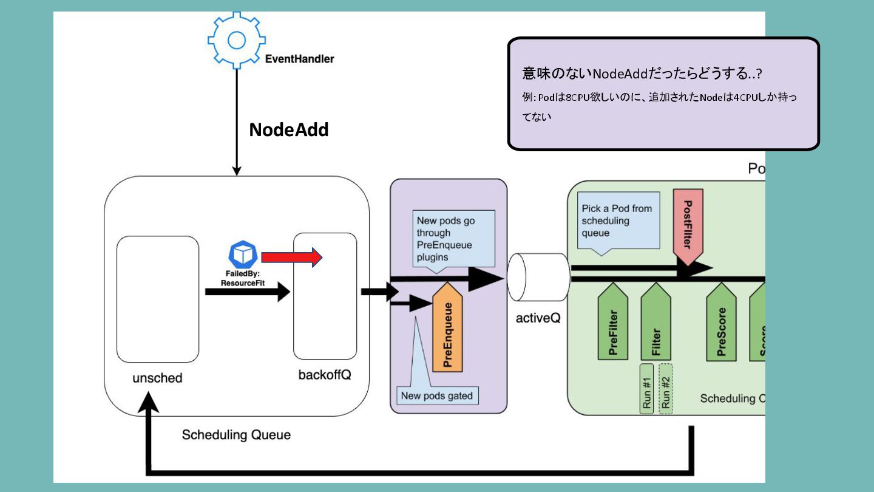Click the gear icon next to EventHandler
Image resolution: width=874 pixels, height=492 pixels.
(x=235, y=39)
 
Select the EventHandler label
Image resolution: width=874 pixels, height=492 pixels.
(x=300, y=59)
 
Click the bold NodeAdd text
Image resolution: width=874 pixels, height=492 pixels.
(x=289, y=129)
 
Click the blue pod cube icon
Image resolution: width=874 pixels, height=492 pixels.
(x=243, y=255)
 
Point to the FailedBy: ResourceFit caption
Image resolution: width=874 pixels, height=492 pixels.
(x=243, y=279)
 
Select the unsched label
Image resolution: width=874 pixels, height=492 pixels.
(x=157, y=378)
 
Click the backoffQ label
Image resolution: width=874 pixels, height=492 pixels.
(x=325, y=374)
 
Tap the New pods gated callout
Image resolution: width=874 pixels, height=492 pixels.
(x=437, y=396)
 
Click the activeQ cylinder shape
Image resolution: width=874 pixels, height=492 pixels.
(x=538, y=278)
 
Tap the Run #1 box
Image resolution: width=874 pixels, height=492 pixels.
(x=646, y=389)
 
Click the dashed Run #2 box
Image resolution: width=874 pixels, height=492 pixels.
(x=666, y=389)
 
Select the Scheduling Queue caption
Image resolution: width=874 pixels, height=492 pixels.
(x=236, y=435)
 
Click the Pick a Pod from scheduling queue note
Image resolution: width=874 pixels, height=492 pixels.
(x=617, y=220)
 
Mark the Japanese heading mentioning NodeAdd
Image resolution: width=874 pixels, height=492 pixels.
(x=642, y=74)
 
